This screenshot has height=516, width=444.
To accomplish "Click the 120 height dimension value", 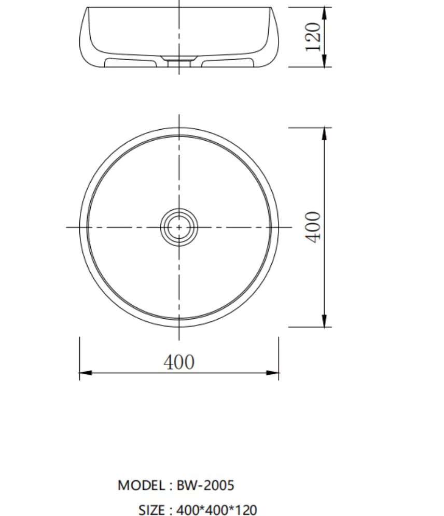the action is [x=313, y=37].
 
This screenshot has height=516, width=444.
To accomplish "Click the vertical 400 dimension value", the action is [x=313, y=227].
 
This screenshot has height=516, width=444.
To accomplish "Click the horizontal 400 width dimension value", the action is [x=179, y=362].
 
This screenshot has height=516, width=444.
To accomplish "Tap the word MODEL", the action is [x=142, y=485].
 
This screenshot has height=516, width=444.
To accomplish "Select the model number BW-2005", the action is [x=205, y=485].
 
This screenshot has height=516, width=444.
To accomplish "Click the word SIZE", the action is [x=151, y=510].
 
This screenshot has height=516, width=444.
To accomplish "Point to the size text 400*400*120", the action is [x=217, y=510].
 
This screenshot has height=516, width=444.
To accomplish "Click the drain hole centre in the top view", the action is [x=179, y=227].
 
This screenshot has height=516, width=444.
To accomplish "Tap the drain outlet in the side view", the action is [x=179, y=62].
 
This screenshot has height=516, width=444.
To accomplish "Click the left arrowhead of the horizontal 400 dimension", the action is [x=86, y=373].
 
